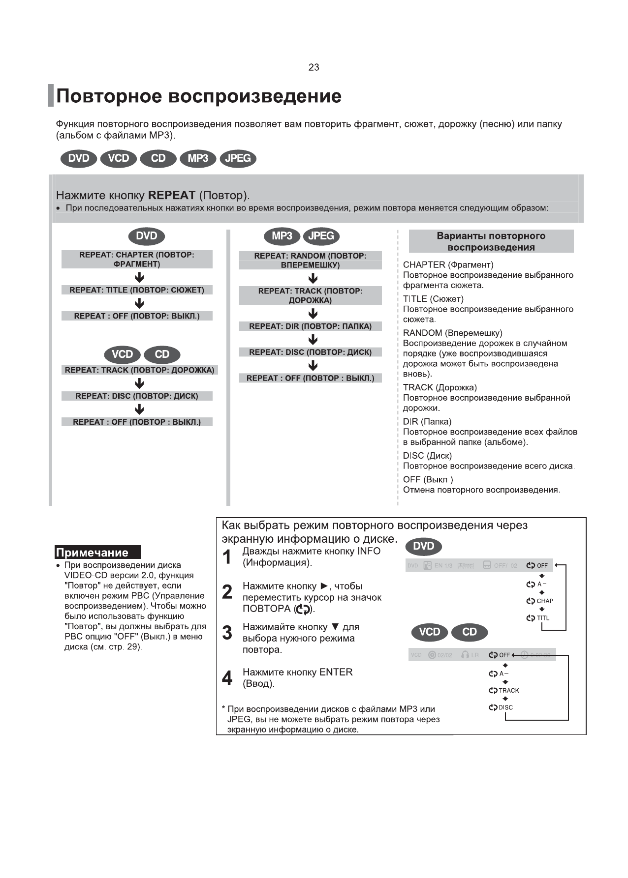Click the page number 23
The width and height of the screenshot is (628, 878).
[314, 67]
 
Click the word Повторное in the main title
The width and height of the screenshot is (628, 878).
[109, 96]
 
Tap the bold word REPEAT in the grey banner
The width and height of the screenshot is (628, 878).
[172, 195]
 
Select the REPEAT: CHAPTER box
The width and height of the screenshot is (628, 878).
[137, 259]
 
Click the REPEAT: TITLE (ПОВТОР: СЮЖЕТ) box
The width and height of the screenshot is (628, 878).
[137, 290]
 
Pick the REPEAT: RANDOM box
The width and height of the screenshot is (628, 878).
[310, 260]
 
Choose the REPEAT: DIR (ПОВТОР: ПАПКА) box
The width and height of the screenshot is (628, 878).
[310, 326]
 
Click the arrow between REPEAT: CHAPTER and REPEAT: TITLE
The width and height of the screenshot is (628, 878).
[139, 278]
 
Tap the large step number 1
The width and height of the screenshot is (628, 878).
[227, 557]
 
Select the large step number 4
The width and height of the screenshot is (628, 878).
[227, 678]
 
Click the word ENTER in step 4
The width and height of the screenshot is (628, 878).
[336, 672]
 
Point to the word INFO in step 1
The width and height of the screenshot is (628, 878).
[369, 551]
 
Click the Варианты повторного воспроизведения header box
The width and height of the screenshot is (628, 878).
[491, 241]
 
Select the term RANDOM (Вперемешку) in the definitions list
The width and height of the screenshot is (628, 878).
[452, 333]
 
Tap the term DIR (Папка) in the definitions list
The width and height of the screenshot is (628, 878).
[427, 421]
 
